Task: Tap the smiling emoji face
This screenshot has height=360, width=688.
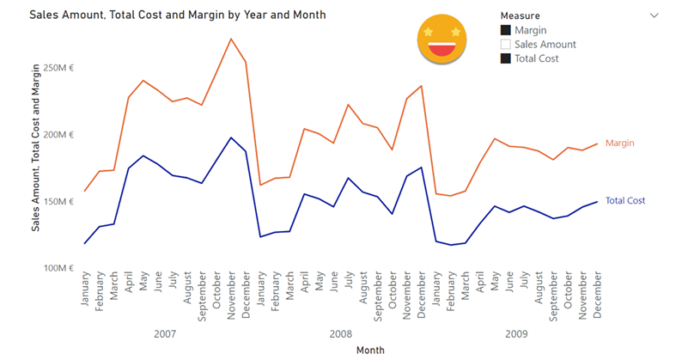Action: pyautogui.click(x=441, y=41)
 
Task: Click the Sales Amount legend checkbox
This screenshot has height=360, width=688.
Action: pyautogui.click(x=506, y=44)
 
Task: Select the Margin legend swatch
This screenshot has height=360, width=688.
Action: pyautogui.click(x=506, y=30)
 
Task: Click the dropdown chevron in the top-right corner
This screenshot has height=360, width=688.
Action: pyautogui.click(x=655, y=15)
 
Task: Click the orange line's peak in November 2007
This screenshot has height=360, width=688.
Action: pyautogui.click(x=231, y=39)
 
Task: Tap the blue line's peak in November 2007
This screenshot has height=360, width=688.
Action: pyautogui.click(x=231, y=137)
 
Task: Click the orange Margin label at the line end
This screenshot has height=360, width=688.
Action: pyautogui.click(x=620, y=143)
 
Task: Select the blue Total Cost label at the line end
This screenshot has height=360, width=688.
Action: pyautogui.click(x=625, y=201)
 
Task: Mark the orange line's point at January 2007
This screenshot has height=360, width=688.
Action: pyautogui.click(x=85, y=191)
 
